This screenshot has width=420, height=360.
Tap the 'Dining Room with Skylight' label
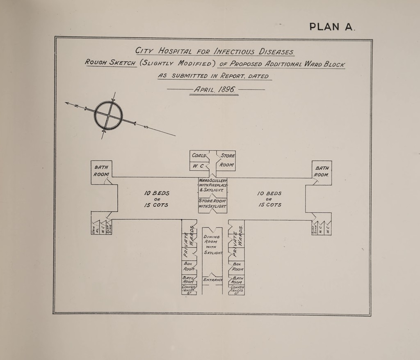click(x=212, y=245)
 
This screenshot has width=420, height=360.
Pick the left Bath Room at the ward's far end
click(x=100, y=170)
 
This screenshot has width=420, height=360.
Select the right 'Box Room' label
click(x=237, y=267)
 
